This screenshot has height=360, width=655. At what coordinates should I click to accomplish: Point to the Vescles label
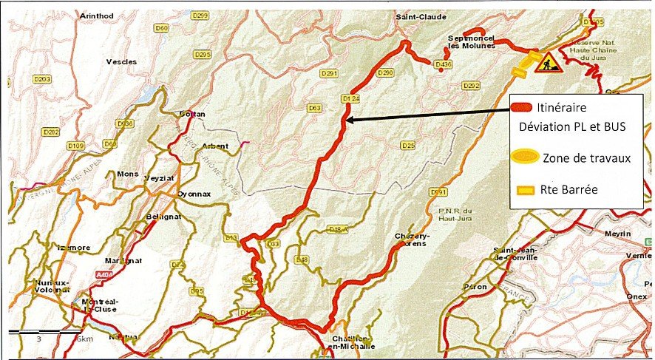coord(122,62)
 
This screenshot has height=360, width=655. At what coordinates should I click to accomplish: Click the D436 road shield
coord(444,65)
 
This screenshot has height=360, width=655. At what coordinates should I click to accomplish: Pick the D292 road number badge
coord(471,86)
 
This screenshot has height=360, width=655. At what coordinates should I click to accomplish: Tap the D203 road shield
coord(42,78)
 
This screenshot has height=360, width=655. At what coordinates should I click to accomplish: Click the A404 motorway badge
coord(106,274)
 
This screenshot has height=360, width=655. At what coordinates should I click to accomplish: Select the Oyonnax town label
coord(194,194)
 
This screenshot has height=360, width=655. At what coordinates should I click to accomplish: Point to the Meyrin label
coord(619,234)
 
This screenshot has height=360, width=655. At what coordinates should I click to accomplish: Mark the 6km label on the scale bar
coord(84,338)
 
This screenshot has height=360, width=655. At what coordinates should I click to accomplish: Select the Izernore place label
coord(74,247)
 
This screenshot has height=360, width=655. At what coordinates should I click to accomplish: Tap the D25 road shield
coord(407,146)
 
